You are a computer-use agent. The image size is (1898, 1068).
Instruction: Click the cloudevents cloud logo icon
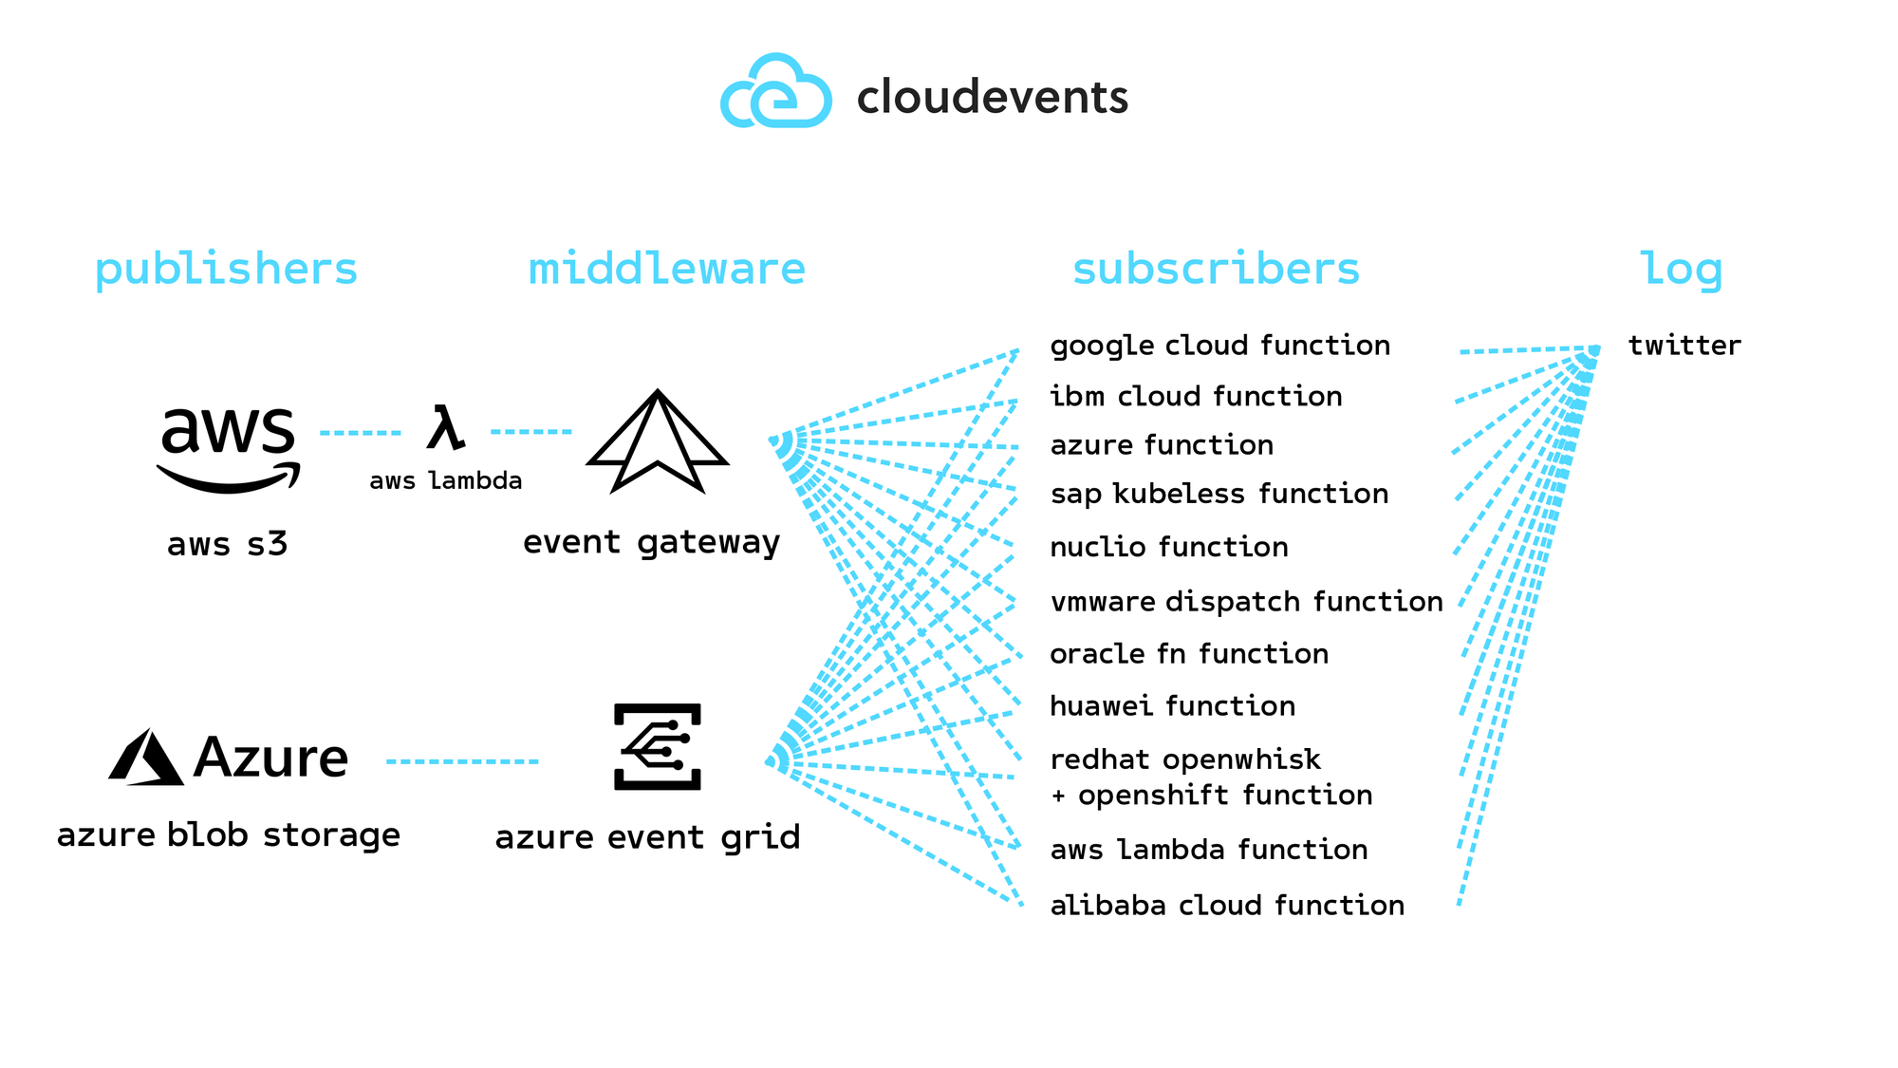[x=776, y=93]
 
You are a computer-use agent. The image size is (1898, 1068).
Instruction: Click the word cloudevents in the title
[x=992, y=97]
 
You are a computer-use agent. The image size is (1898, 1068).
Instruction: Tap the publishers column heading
[x=226, y=270]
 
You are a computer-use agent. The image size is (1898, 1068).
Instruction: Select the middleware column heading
[x=666, y=270]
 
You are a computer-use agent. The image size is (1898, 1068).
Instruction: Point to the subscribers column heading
[x=1216, y=270]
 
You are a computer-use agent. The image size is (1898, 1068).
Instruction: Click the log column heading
[x=1681, y=270]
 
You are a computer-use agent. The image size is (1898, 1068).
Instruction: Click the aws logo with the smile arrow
[x=229, y=448]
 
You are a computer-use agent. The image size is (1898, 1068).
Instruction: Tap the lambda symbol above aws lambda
[x=445, y=428]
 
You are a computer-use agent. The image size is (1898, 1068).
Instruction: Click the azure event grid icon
[x=658, y=747]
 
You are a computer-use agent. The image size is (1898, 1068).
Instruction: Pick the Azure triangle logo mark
[x=145, y=758]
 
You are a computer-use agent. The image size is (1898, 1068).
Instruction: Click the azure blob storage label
[x=228, y=835]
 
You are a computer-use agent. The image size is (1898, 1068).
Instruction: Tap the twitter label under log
[x=1684, y=346]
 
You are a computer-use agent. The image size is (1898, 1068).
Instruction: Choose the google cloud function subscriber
[x=1219, y=346]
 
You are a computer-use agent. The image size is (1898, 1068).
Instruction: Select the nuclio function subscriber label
[x=1169, y=547]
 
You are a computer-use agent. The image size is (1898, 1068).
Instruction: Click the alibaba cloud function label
[x=1227, y=906]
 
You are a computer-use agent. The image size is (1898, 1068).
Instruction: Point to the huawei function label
[x=1172, y=706]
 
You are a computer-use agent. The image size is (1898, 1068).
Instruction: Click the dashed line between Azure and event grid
[x=462, y=761]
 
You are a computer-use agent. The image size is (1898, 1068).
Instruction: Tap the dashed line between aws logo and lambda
[x=361, y=433]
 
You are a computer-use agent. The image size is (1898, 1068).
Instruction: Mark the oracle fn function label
[x=1189, y=654]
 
